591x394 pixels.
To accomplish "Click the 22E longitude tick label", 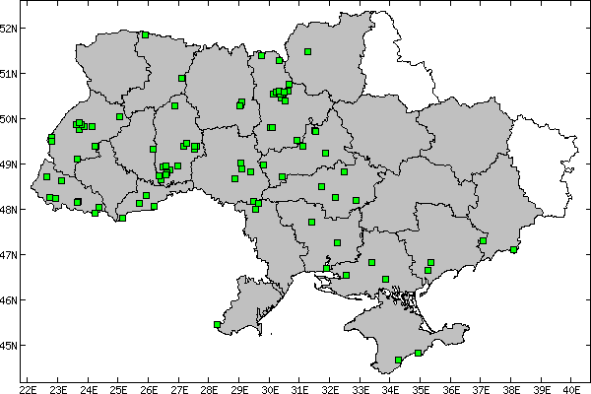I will click(x=28, y=387).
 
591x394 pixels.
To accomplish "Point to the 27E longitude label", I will click(x=179, y=387).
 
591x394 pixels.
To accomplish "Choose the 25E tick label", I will click(x=118, y=387).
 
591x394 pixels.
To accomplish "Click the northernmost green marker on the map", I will click(x=145, y=34).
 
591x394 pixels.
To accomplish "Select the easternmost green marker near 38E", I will click(x=513, y=249).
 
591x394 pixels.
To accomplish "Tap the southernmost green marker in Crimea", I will click(x=398, y=361).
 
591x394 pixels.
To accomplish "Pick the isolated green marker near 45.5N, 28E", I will click(x=217, y=323).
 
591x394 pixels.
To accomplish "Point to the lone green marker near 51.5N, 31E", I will click(x=307, y=51).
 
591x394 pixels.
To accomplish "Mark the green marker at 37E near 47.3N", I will click(x=483, y=240).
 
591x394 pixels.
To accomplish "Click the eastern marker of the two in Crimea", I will click(x=419, y=353).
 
